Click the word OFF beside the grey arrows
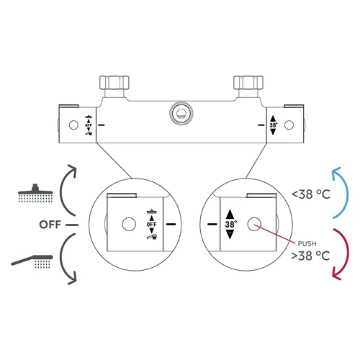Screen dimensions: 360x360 click(50, 225)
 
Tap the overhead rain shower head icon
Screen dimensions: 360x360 click(35, 193)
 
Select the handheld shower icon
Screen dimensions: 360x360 click(32, 261)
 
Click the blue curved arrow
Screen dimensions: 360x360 click(346, 192)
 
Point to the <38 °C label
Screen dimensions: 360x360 click(311, 194)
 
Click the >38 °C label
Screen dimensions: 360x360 click(310, 256)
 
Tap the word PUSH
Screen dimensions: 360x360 click(307, 244)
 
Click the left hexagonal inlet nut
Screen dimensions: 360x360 click(114, 83)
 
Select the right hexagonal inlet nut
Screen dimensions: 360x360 click(248, 83)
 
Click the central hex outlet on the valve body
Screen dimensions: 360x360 click(181, 113)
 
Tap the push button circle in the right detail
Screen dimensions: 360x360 click(254, 225)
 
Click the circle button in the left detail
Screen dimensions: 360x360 click(129, 224)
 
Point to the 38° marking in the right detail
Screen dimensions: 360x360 click(230, 224)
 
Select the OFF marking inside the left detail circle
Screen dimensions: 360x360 click(151, 225)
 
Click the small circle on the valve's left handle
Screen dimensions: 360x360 click(73, 125)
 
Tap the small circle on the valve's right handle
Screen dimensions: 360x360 click(289, 125)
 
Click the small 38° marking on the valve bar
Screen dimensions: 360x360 click(274, 125)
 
